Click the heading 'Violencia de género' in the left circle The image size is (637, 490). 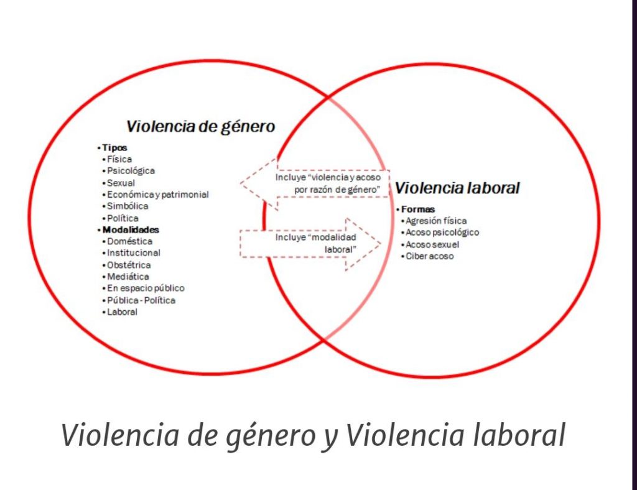[201, 127]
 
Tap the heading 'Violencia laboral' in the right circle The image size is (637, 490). [457, 188]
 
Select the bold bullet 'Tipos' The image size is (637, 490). [112, 148]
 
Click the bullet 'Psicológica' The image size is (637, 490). [128, 171]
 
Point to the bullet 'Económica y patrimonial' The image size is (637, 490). [155, 195]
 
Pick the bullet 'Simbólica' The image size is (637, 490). [125, 206]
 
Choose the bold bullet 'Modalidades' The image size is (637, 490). [128, 230]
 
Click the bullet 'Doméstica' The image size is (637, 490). [127, 241]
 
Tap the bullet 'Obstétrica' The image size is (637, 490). [126, 265]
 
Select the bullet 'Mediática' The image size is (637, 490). [126, 277]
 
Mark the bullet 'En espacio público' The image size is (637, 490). [143, 289]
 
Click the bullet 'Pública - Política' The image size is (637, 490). [139, 300]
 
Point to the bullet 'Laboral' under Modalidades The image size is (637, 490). [120, 312]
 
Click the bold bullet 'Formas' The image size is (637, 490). [416, 210]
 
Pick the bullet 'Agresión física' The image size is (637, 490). [434, 221]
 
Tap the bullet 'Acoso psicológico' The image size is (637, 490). [440, 233]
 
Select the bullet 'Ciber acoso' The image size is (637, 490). [427, 256]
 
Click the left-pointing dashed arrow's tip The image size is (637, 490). [241, 184]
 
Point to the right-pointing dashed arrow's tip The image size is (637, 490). [381, 244]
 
